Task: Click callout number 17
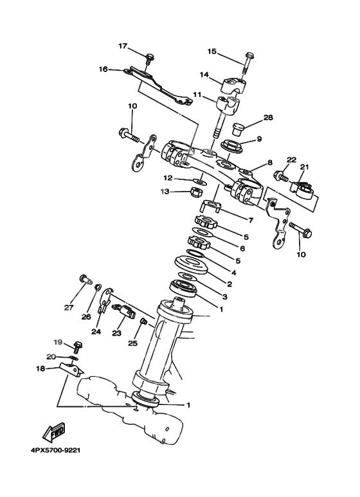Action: tap(123, 46)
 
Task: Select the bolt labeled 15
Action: tap(248, 62)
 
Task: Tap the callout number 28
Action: tap(268, 118)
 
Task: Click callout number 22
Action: tap(291, 160)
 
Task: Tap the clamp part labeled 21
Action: tap(303, 192)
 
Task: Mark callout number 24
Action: tap(96, 332)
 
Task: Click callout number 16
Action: tap(102, 68)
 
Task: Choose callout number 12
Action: tap(167, 177)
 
